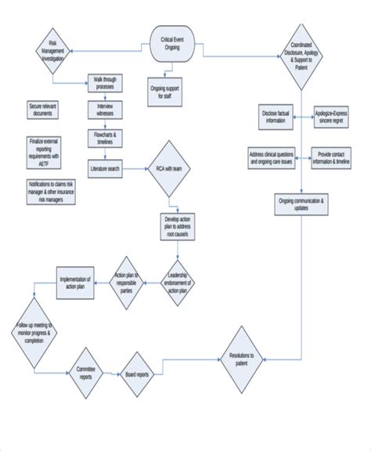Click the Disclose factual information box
click(276, 116)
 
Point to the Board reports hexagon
click(138, 375)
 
